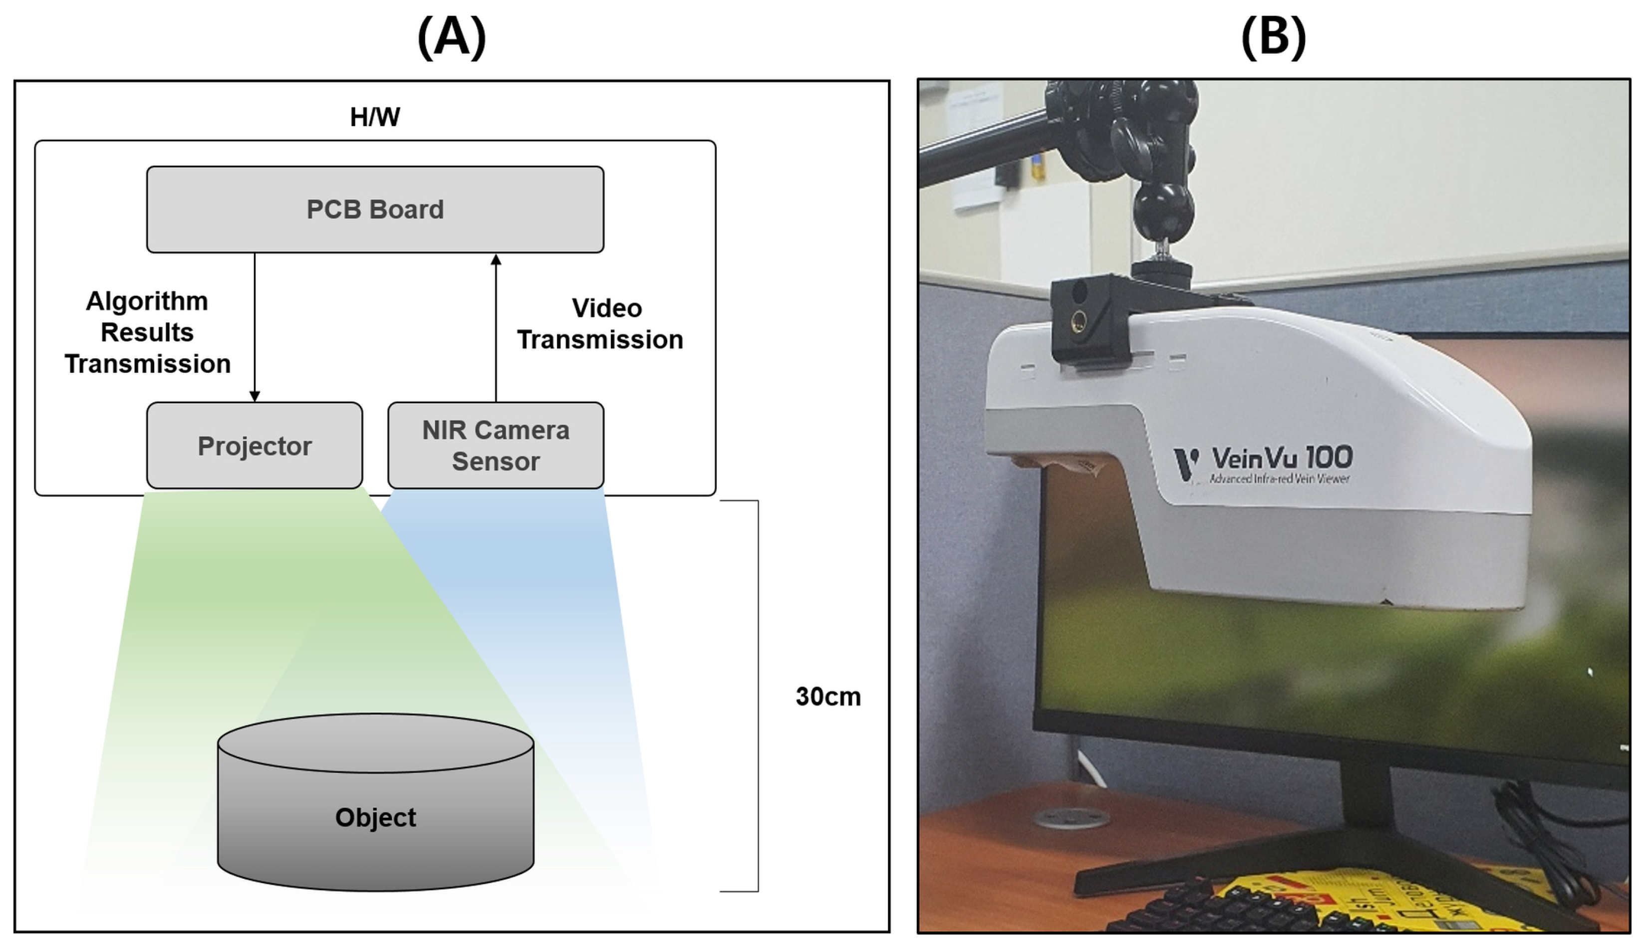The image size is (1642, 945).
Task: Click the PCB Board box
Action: pyautogui.click(x=375, y=209)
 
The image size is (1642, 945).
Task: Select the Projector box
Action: pyautogui.click(x=255, y=446)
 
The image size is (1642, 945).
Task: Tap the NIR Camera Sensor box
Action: pyautogui.click(x=496, y=446)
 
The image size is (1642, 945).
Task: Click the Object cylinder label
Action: pyautogui.click(x=375, y=817)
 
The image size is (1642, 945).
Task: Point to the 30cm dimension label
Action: pyautogui.click(x=828, y=697)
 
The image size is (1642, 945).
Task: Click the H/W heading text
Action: pyautogui.click(x=375, y=117)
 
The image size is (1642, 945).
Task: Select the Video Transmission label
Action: pyautogui.click(x=600, y=324)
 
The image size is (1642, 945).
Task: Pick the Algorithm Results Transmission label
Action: pyautogui.click(x=147, y=332)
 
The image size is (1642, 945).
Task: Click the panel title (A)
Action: pyautogui.click(x=452, y=37)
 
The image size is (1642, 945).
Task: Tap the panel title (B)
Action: pyautogui.click(x=1273, y=37)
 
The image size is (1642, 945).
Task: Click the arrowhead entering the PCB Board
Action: pyautogui.click(x=496, y=259)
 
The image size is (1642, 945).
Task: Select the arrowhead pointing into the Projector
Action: pyautogui.click(x=255, y=396)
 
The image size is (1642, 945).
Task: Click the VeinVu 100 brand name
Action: pyautogui.click(x=1282, y=458)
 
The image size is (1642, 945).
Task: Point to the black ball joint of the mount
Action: pyautogui.click(x=1164, y=208)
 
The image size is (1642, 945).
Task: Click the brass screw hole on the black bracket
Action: pyautogui.click(x=1079, y=319)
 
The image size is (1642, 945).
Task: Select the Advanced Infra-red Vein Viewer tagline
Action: pyautogui.click(x=1279, y=479)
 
